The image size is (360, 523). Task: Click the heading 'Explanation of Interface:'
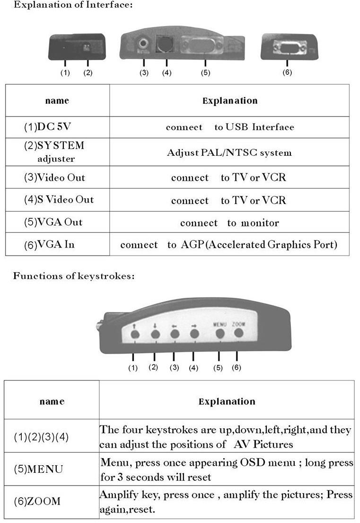tap(73, 5)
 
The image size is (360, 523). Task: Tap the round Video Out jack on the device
tap(144, 44)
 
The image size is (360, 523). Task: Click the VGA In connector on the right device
tap(290, 48)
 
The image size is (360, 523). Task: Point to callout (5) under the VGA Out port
tap(205, 73)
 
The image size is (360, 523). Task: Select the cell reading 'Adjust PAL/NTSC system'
tap(229, 152)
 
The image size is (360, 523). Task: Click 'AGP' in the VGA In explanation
tap(193, 245)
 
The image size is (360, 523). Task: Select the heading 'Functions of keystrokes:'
tap(74, 276)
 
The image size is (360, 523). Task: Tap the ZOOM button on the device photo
tap(238, 333)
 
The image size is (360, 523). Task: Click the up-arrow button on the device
tap(135, 334)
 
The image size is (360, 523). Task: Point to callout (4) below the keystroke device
tap(193, 368)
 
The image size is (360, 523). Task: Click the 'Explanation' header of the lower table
tap(227, 401)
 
